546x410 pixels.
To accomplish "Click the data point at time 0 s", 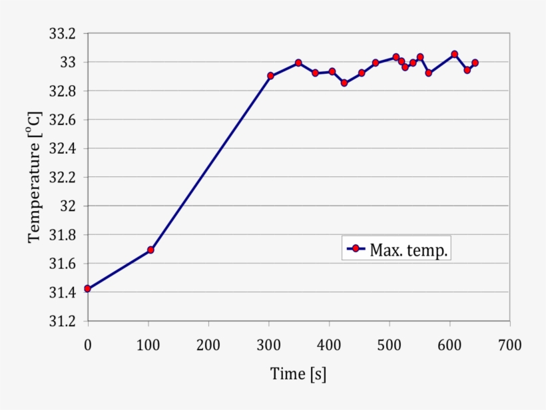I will point(87,289).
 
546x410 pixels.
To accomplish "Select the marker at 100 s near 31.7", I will point(150,250).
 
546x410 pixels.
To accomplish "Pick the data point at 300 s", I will point(270,76).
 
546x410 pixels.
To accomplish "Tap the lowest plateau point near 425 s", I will point(344,83).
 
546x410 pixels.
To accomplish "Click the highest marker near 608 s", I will point(454,55).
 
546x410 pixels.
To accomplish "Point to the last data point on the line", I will point(475,63).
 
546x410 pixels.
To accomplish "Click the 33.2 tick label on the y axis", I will point(63,34).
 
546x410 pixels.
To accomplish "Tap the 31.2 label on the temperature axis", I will point(63,321).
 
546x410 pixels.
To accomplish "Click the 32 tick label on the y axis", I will point(69,206).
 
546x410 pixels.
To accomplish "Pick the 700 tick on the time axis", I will point(510,344).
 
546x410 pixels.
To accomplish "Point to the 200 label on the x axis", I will point(208,344).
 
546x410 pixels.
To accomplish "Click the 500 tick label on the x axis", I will point(390,344).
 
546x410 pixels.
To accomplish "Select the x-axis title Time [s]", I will point(298,374).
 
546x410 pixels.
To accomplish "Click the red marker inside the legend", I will point(356,248).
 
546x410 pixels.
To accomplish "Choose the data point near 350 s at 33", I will point(298,63).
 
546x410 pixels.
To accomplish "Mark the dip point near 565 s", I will point(428,73).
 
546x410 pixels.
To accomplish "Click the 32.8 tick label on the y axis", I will point(63,91).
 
